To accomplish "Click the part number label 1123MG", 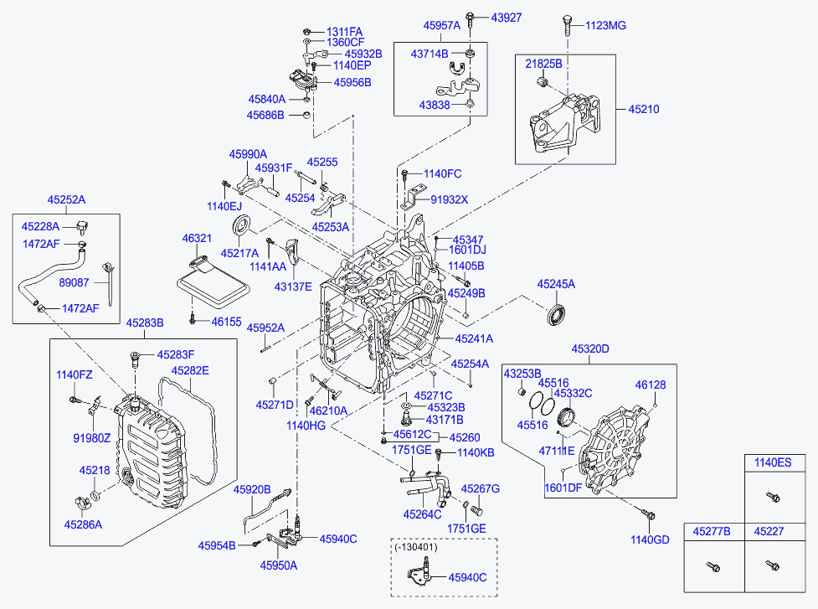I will coord(604,26).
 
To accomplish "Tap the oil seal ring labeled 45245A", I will coord(558,317).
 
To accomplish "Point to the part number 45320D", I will coord(590,348).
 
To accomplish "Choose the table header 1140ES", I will coord(771,462).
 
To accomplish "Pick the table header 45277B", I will coord(712,531).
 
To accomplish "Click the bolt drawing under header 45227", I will coord(769,566).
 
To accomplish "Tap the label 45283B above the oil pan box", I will coord(145,323).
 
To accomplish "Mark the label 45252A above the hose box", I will coord(66,199).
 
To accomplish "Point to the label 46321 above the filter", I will coord(198,239).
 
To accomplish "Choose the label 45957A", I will coord(442,26).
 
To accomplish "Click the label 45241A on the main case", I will coord(474,339).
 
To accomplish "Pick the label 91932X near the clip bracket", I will coord(450,200).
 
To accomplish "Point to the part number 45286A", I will coord(83,524).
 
